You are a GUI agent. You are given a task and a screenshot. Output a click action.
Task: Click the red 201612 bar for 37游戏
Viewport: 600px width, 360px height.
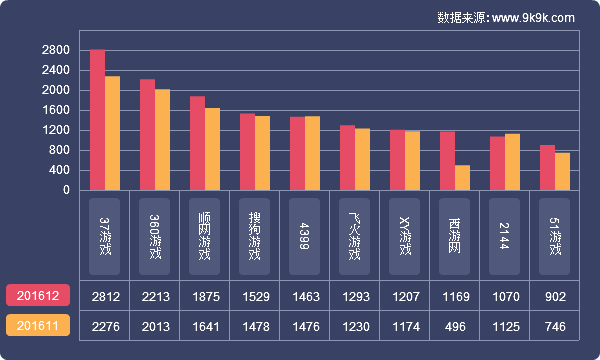click(x=97, y=119)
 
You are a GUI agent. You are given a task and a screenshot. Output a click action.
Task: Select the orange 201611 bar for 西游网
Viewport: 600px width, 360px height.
click(x=462, y=177)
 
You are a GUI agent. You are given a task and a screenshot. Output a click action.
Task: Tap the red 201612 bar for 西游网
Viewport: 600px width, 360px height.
click(x=447, y=160)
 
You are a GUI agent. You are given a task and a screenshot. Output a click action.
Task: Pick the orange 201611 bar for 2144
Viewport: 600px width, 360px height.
click(x=512, y=161)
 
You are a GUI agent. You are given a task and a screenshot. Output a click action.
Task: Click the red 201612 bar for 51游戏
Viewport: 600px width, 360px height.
click(x=547, y=167)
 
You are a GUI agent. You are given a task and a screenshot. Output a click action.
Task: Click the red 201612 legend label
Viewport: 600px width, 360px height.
click(x=38, y=296)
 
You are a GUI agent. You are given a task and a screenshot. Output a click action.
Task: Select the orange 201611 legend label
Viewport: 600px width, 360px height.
click(x=38, y=326)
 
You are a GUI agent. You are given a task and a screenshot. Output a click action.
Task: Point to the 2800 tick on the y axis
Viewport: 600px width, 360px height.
click(x=56, y=50)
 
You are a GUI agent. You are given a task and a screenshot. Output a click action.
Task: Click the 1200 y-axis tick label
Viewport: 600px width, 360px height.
click(x=56, y=130)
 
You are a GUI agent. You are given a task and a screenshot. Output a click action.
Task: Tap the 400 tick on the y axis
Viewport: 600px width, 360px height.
click(x=59, y=170)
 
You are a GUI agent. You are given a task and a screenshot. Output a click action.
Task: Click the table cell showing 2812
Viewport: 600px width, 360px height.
click(x=105, y=296)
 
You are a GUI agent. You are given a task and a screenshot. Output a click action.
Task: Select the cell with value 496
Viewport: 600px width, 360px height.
click(x=455, y=326)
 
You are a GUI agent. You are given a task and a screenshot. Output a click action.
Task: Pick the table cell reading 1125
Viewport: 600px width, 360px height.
click(x=505, y=326)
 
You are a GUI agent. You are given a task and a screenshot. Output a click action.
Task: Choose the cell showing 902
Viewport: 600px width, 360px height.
click(x=555, y=296)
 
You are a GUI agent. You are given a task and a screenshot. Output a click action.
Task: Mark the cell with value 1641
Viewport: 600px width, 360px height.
click(x=205, y=326)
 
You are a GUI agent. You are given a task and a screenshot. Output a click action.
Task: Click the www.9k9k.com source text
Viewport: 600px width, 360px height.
click(x=533, y=18)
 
